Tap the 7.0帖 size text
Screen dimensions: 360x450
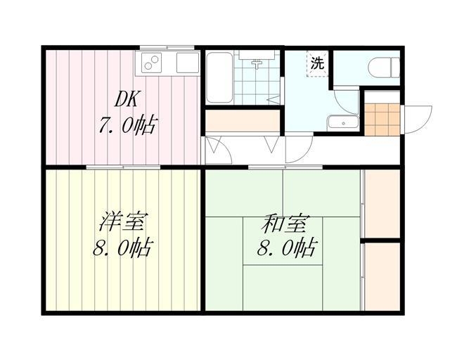click(x=127, y=127)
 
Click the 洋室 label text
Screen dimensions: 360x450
click(x=122, y=223)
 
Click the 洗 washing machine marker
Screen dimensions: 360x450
click(x=318, y=62)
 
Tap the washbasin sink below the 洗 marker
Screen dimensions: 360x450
click(x=344, y=122)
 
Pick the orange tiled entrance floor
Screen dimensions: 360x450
click(x=380, y=119)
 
